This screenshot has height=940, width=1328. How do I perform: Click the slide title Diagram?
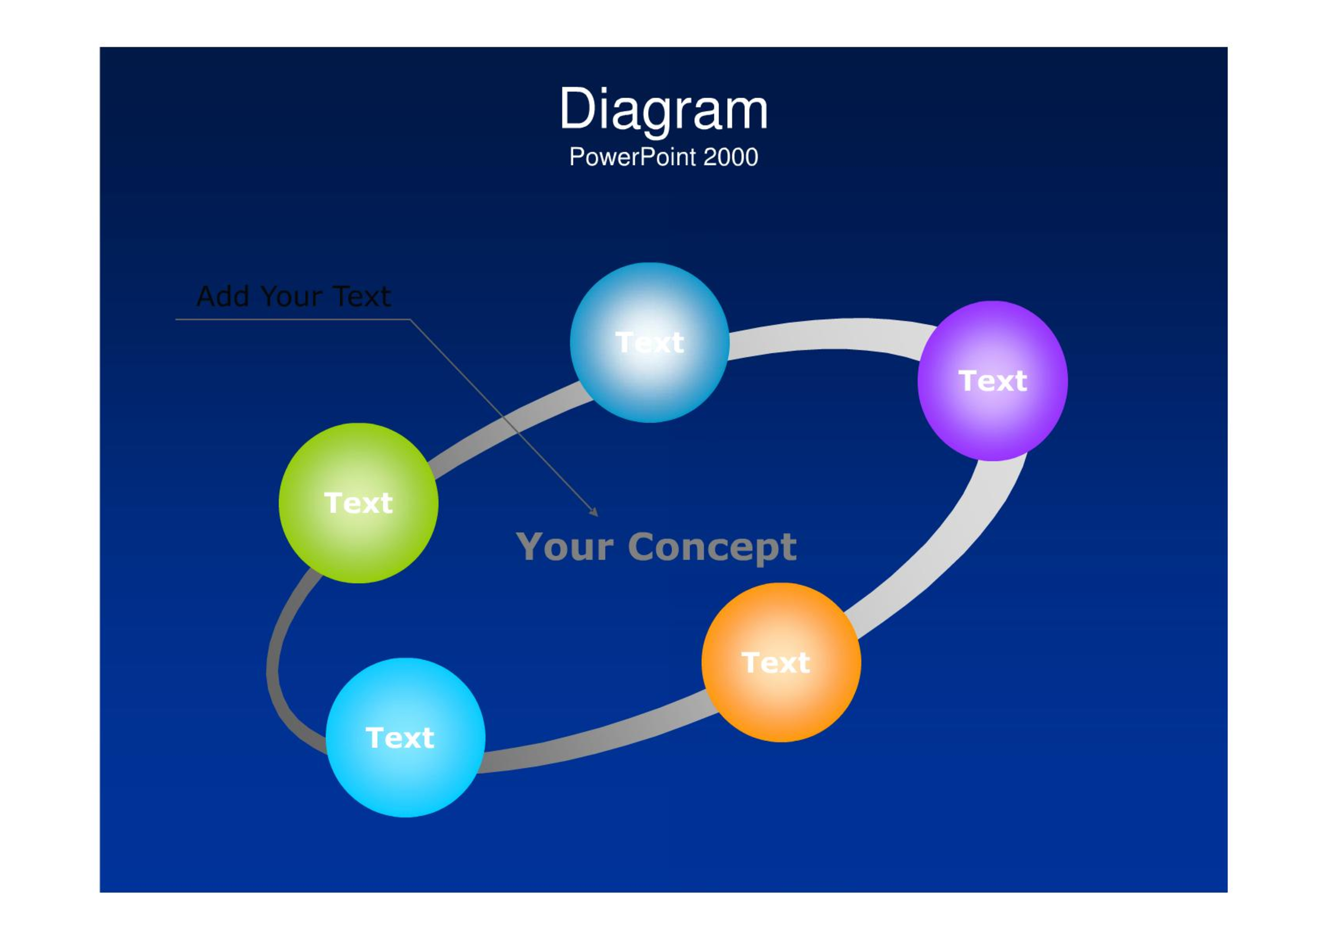pos(663,110)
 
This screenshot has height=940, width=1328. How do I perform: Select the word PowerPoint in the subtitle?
pos(633,157)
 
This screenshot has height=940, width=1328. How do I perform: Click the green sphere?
pos(359,503)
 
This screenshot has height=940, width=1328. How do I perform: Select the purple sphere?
pos(992,381)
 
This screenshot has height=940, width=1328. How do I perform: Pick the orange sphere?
pos(781,662)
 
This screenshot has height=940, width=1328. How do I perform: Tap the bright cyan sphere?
pos(406,737)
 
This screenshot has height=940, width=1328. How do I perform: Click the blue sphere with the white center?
pos(650,343)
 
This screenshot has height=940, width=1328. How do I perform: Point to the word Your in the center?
pos(565,547)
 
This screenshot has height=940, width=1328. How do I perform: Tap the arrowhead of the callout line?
pos(594,512)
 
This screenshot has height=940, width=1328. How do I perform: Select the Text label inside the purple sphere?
pos(992,381)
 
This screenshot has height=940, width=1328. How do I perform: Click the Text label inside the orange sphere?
pos(775,663)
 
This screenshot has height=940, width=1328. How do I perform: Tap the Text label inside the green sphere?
pos(359,503)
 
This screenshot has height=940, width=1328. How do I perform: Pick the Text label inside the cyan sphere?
pos(400,738)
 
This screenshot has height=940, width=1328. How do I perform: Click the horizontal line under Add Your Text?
pos(293,320)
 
